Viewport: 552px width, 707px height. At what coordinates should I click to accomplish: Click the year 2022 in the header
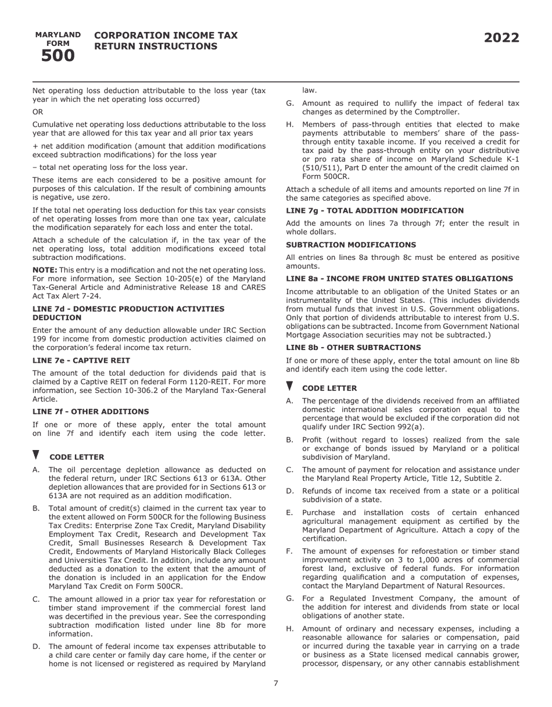tap(501, 38)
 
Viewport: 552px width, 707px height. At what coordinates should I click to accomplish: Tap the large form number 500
tap(58, 56)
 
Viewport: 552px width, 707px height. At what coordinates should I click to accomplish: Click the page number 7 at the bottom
tap(276, 683)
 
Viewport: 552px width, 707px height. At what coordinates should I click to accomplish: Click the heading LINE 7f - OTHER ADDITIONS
tap(91, 412)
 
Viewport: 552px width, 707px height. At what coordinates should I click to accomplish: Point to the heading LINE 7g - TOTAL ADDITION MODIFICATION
tap(375, 210)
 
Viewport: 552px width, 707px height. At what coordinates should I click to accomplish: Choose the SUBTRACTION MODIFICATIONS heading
tap(350, 245)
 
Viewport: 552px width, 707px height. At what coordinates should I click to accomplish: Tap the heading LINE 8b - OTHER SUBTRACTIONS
tap(353, 348)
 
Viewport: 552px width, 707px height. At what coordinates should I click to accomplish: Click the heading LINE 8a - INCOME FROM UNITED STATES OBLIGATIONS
tap(399, 278)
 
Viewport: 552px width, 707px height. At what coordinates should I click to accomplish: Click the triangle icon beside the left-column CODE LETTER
tap(36, 455)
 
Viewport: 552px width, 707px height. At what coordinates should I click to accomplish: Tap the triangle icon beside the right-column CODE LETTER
tap(289, 386)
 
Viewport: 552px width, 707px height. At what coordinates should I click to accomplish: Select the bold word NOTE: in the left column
tap(45, 270)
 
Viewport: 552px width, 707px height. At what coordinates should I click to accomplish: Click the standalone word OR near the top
tap(37, 112)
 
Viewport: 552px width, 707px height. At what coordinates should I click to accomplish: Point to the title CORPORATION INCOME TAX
tap(166, 35)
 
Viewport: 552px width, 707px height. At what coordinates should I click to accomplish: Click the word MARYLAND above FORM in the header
tap(58, 35)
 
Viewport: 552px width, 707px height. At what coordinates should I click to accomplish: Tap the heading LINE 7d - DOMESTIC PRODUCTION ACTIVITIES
tap(128, 309)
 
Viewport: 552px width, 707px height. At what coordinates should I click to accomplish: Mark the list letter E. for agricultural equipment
tap(289, 513)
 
